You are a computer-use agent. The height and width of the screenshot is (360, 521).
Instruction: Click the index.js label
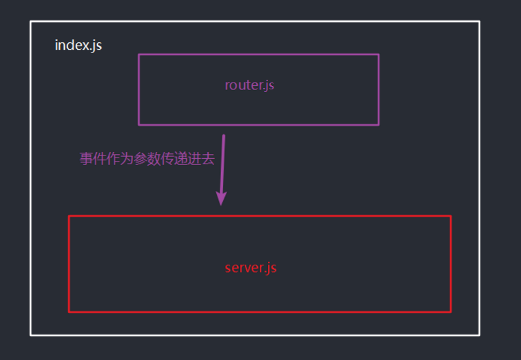coord(78,46)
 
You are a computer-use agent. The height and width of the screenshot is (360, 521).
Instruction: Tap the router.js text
coord(250,85)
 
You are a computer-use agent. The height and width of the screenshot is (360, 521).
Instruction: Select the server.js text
coord(251,267)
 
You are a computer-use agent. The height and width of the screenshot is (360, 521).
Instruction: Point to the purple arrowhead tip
coord(221,204)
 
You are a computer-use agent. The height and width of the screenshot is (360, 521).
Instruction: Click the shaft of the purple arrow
coord(222,164)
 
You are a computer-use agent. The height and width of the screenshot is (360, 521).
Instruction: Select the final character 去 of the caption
coord(208,159)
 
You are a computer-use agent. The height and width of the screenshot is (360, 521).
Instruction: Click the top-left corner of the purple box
coord(139,55)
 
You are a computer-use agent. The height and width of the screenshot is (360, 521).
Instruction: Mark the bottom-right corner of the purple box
coord(378,125)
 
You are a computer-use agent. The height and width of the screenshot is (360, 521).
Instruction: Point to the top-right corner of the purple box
coord(378,55)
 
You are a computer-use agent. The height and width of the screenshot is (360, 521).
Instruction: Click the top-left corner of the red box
coord(69,216)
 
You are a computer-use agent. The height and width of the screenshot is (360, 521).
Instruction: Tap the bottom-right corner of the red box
coord(451,312)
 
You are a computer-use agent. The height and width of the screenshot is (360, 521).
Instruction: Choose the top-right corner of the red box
coord(451,216)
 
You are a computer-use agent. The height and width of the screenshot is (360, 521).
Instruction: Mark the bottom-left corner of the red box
coord(69,312)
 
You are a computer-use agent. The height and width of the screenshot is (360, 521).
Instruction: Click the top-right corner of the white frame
coord(479,21)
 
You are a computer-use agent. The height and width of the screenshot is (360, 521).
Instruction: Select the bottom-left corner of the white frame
coord(31,335)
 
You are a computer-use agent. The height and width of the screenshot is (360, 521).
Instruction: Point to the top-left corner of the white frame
coord(31,21)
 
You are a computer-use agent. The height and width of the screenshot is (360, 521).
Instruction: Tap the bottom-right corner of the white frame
coord(479,335)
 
